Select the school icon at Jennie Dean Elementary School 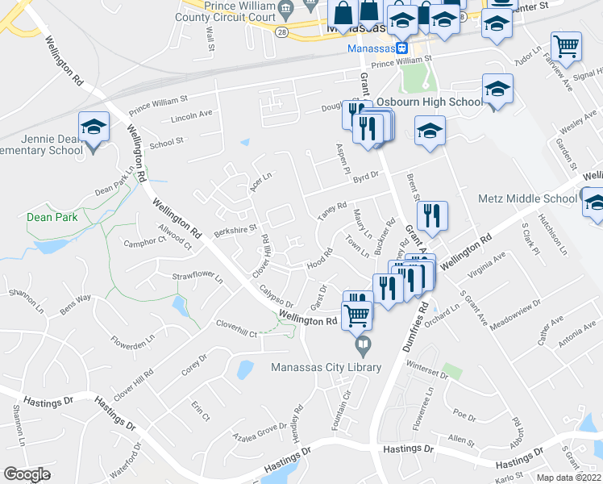(x=94, y=127)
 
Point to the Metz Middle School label (x=527, y=198)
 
